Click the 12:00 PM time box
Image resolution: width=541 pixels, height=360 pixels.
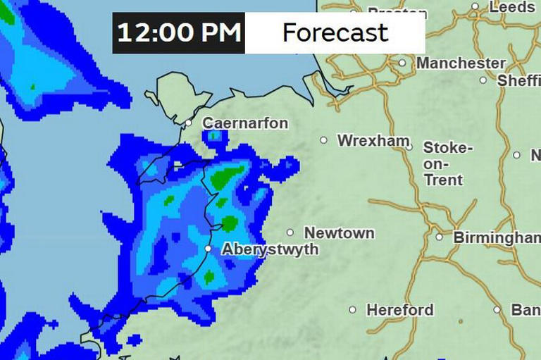(179, 32)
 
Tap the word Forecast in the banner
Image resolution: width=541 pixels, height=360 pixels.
(335, 32)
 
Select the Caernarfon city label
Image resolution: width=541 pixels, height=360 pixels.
(245, 123)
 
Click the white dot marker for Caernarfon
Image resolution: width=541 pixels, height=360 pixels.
(189, 123)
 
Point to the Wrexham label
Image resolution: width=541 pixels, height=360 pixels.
(373, 141)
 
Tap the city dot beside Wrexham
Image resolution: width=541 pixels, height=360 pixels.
(324, 140)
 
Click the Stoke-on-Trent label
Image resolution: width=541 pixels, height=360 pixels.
(447, 163)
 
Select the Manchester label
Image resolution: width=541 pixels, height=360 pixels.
(461, 63)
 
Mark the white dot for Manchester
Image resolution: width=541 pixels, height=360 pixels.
(402, 63)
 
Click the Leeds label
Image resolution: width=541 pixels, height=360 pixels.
(512, 7)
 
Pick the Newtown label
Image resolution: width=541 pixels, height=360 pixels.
(339, 232)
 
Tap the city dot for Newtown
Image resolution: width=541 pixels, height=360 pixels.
(290, 232)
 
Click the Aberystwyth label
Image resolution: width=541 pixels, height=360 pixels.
(270, 249)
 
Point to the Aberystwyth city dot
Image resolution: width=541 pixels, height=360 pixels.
(209, 249)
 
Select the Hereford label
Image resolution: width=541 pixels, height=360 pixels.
(400, 310)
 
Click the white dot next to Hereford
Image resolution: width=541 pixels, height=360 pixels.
(353, 309)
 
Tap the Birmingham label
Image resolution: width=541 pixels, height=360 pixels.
(496, 237)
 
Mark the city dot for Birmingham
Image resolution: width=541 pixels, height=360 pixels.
(440, 237)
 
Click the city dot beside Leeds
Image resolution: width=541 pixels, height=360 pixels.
(475, 6)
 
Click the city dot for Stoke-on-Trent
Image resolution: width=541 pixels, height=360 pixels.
(409, 147)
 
